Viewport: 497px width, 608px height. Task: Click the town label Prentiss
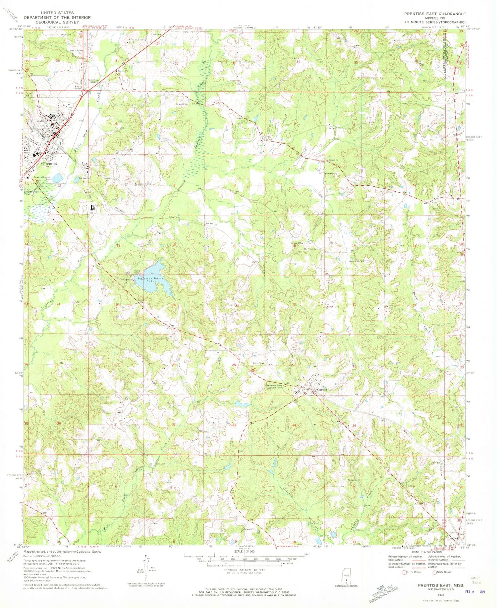pyautogui.click(x=50, y=164)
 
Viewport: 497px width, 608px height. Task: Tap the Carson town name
pyautogui.click(x=322, y=390)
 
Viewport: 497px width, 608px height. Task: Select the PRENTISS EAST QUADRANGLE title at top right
pyautogui.click(x=435, y=14)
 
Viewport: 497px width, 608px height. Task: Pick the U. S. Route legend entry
pyautogui.click(x=412, y=572)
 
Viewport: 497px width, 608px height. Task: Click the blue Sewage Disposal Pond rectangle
pyautogui.click(x=57, y=178)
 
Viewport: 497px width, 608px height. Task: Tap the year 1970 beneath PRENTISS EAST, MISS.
pyautogui.click(x=441, y=595)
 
